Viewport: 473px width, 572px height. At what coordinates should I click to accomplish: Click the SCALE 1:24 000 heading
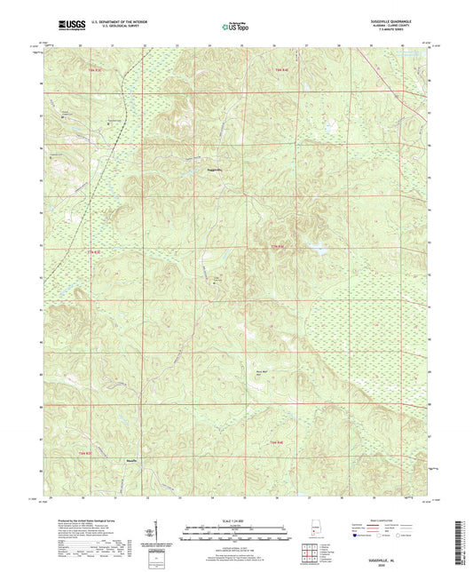click(x=235, y=520)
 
